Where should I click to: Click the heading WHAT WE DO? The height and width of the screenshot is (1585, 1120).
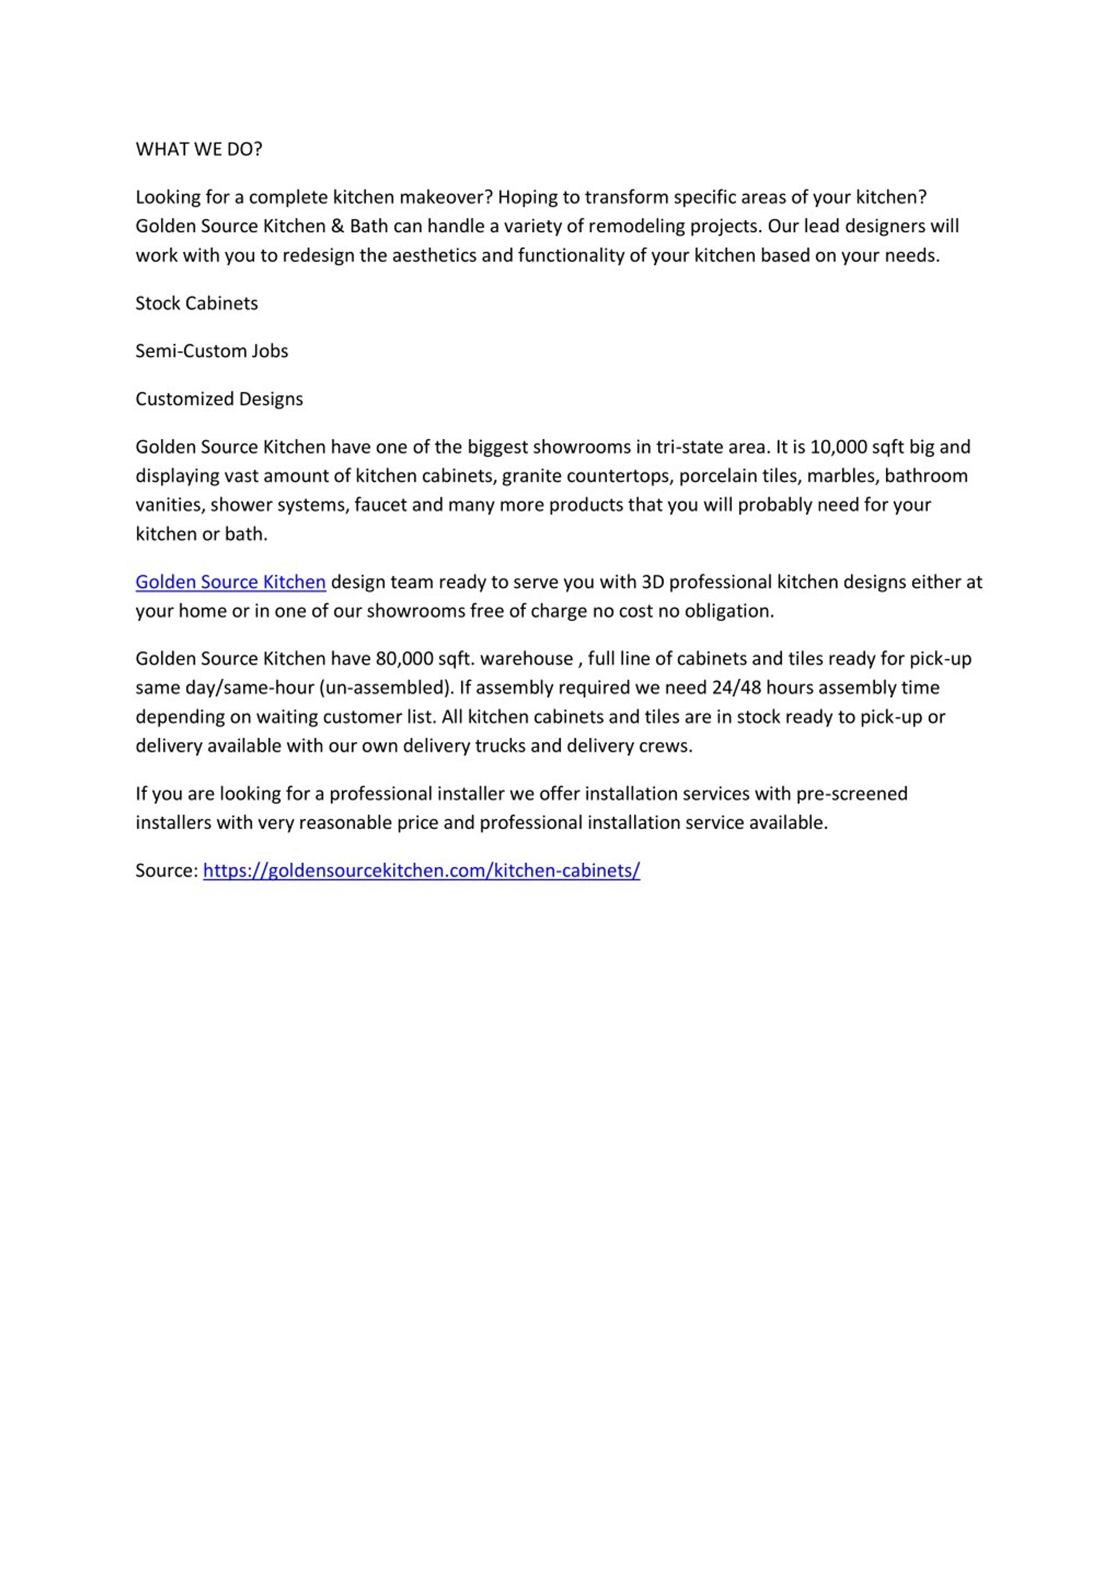pos(199,149)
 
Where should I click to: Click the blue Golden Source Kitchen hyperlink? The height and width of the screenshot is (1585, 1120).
pos(231,582)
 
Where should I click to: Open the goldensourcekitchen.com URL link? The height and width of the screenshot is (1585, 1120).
pos(421,870)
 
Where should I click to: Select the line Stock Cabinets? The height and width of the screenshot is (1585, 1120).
pos(197,303)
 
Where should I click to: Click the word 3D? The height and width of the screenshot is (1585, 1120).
pos(652,582)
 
